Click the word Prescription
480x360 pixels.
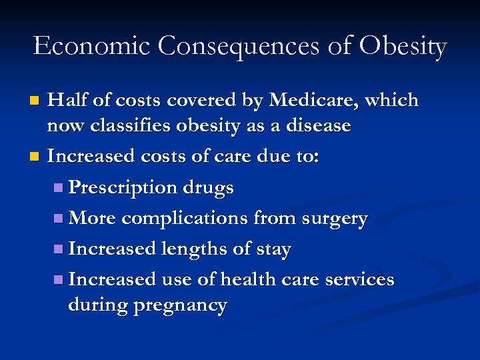click(123, 188)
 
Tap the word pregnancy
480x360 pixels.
click(181, 306)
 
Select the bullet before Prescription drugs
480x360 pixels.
click(59, 189)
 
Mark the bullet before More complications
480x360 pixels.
click(59, 219)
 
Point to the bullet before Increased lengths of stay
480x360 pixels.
click(59, 249)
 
